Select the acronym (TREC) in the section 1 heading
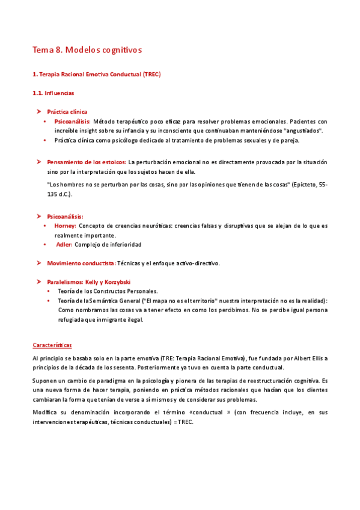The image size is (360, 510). [151, 74]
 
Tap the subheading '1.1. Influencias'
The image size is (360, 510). [53, 93]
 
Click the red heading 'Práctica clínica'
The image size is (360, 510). [67, 112]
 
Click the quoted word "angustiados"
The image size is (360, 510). [303, 131]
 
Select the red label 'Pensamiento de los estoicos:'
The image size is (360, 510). [86, 162]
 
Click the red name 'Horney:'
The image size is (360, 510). [65, 226]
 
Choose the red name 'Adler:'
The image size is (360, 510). [64, 245]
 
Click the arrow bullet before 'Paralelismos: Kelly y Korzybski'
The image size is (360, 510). [38, 281]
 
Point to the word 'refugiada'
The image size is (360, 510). [72, 319]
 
